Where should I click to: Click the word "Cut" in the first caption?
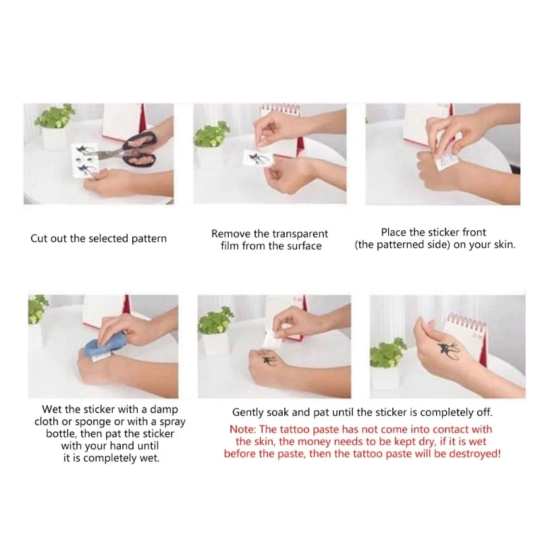(x=39, y=238)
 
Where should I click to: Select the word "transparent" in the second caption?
(x=299, y=234)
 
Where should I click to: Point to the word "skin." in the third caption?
(x=504, y=244)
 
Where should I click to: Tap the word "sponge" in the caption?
(x=91, y=422)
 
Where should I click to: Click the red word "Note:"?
(x=243, y=429)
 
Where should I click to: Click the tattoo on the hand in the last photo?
(x=448, y=350)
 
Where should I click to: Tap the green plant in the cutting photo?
(x=55, y=116)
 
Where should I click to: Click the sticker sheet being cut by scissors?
(x=85, y=160)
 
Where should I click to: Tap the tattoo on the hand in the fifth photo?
(x=266, y=359)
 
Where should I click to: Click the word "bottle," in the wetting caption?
(x=61, y=433)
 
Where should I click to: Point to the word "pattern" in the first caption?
(x=149, y=239)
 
